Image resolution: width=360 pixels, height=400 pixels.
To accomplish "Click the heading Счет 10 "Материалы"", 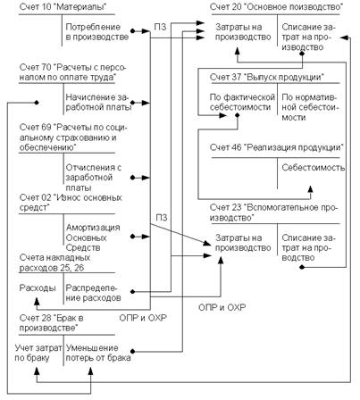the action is coord(63,7).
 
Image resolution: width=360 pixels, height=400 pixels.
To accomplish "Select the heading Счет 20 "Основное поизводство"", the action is coord(276,7).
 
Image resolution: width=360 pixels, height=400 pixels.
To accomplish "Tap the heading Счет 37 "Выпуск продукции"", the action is coord(267,77).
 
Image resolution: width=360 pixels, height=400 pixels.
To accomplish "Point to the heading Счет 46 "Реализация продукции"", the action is coord(277,147).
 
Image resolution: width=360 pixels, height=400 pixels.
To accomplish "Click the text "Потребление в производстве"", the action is coord(97,32).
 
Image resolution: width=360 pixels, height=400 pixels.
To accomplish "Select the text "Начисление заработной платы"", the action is coord(98,102).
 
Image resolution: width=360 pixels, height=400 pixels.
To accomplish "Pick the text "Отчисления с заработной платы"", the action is coord(94,178).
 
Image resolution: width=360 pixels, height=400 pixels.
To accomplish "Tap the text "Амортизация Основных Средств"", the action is coord(93,237).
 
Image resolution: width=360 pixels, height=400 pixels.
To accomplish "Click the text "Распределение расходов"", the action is coord(93,293).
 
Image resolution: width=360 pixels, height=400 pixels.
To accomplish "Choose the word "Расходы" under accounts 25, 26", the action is coord(38,287).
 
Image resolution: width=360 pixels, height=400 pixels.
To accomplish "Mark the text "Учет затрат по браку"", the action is coord(38,353).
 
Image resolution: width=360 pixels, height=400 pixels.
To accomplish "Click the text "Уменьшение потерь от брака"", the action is coord(98,353).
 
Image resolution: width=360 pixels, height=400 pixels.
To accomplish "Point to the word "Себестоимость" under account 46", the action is coord(314,168).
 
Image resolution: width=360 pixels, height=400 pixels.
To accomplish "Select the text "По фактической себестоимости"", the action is coord(242,102).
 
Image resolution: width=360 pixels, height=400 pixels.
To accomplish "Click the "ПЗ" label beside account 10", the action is coord(160,27).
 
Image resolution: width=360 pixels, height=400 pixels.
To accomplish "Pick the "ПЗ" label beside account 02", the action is coord(162,218).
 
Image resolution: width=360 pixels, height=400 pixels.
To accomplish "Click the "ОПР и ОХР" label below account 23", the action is coord(222,307).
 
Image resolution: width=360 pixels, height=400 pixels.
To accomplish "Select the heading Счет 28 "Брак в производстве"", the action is coord(52,323).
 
